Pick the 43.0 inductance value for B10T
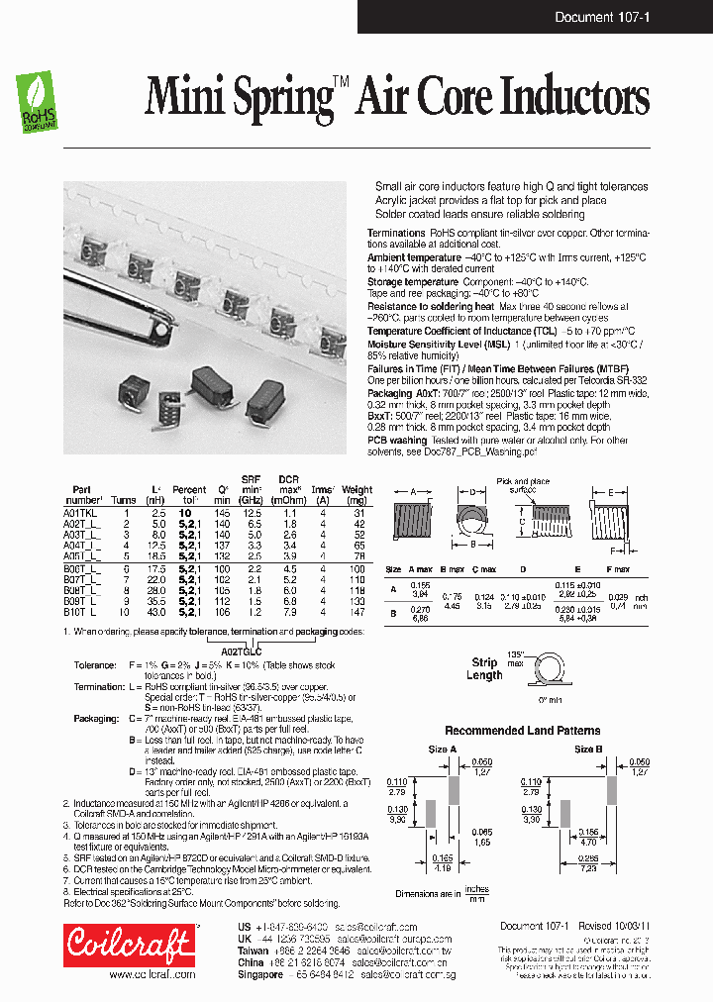(155, 613)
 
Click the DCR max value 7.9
(290, 613)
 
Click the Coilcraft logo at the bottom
(129, 944)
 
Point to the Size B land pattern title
(588, 750)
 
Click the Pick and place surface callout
(521, 484)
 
